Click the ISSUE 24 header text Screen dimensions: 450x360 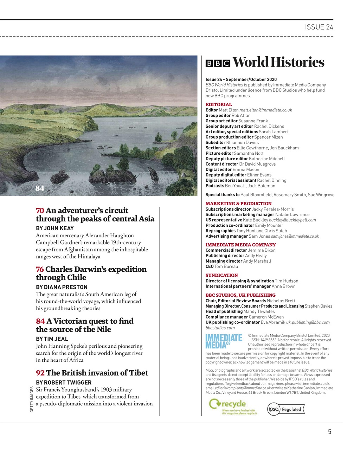click(x=319, y=27)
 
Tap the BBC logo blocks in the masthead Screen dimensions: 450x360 click(x=218, y=63)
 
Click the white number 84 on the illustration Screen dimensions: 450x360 click(x=40, y=188)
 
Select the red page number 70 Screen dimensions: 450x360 click(x=40, y=211)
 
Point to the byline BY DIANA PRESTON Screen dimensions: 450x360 click(x=62, y=287)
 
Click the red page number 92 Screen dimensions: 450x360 click(x=40, y=373)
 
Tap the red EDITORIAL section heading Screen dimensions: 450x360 click(x=218, y=104)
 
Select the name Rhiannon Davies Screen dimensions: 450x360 click(x=242, y=142)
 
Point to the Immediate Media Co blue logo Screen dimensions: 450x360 click(x=224, y=341)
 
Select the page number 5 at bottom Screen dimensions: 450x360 click(x=329, y=432)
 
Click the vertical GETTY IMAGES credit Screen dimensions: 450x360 click(x=32, y=399)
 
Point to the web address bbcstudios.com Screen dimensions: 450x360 click(x=220, y=328)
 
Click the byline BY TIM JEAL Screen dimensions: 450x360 click(x=52, y=339)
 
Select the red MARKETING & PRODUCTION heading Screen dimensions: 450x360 click(x=238, y=204)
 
